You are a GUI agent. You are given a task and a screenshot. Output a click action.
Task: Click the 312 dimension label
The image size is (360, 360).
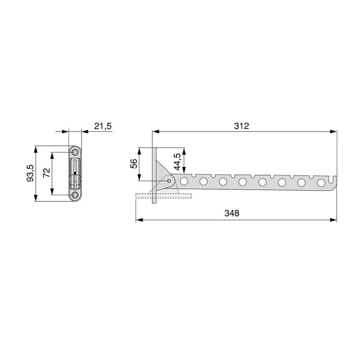[x=242, y=126]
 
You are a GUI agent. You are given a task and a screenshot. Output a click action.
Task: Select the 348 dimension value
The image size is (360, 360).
[x=232, y=213]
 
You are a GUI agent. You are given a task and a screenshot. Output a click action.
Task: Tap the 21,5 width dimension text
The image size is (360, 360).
[x=103, y=126]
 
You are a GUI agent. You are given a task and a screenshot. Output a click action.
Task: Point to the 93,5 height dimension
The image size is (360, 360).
[x=30, y=173]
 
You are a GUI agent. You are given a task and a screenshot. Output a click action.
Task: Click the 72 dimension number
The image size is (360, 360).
[x=47, y=173]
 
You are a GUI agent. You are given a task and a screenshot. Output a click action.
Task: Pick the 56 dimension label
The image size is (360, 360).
[x=134, y=164]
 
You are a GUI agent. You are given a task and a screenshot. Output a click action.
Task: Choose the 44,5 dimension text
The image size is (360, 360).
[x=177, y=162]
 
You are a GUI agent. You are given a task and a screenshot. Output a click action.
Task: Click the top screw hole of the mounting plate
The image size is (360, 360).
[x=75, y=153]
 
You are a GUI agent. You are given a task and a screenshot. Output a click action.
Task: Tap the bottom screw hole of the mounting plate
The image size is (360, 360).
[x=75, y=195]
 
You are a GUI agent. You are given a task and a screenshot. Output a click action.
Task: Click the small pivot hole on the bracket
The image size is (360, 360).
[x=169, y=181]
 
